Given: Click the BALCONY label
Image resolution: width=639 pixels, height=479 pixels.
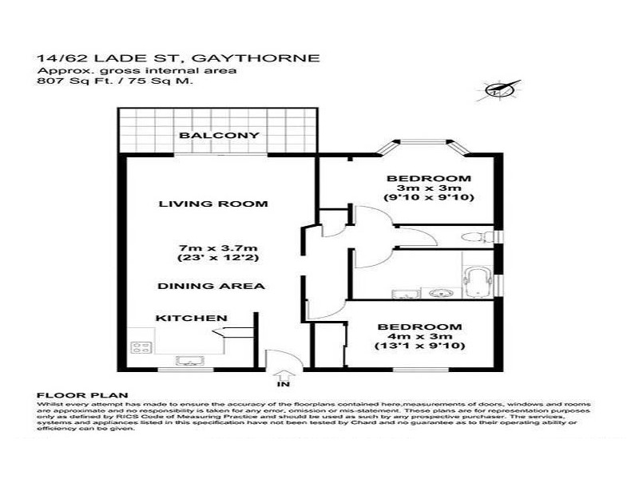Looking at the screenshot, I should pos(219,136).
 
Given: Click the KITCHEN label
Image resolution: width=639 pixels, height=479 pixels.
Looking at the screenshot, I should pos(191,318).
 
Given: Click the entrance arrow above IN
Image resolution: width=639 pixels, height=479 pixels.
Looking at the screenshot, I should pos(280,373).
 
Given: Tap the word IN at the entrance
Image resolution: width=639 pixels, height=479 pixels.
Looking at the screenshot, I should pos(280,385).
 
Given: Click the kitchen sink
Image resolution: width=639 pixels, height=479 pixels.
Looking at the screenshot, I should pos(190,358).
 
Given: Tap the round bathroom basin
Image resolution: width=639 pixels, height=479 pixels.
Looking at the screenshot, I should pos(439,293).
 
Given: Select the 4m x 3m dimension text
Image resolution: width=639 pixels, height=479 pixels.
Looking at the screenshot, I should pos(419,337).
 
